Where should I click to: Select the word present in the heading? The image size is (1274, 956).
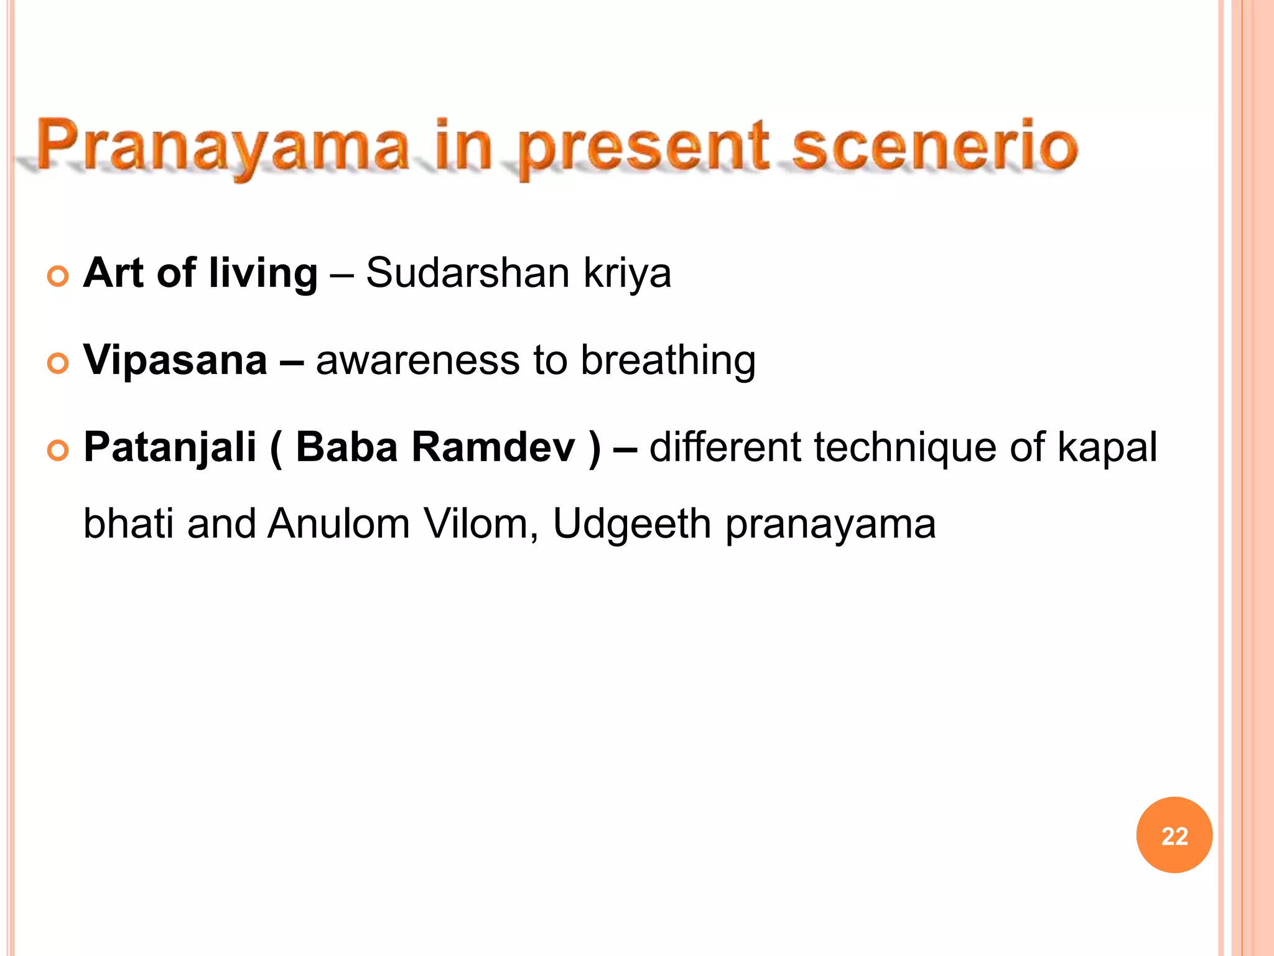coord(644,149)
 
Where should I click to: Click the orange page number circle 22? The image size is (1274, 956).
coord(1174,835)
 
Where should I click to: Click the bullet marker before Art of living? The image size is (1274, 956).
coord(58,276)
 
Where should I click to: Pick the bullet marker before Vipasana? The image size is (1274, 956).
coord(58,363)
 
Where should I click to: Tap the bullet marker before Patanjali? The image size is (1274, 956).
coord(58,450)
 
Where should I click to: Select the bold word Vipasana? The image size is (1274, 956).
coord(175,361)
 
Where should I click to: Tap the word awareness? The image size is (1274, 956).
coord(417,361)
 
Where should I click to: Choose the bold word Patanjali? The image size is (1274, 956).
coord(170,448)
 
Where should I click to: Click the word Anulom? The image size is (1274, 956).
coord(338,523)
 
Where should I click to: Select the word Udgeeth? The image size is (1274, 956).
coord(631,525)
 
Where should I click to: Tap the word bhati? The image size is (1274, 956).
coord(128,523)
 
